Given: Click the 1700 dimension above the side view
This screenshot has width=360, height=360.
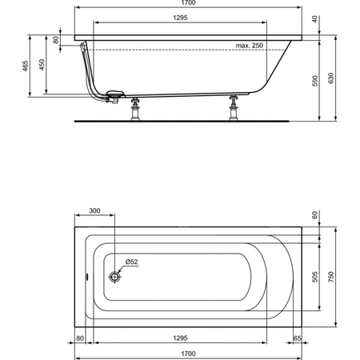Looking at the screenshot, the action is click(x=188, y=3).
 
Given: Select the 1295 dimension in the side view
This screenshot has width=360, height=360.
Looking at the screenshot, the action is click(x=180, y=18).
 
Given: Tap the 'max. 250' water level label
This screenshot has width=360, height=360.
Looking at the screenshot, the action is click(x=250, y=46).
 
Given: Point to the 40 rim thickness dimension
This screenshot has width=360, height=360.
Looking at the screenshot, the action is click(x=315, y=19).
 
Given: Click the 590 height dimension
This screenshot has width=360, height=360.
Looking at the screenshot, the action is click(x=315, y=81).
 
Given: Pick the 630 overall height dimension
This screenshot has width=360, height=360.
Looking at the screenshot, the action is click(x=331, y=78).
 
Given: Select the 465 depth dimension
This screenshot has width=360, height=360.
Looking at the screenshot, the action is click(x=25, y=66).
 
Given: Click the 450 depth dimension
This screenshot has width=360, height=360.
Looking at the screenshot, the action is click(x=42, y=65).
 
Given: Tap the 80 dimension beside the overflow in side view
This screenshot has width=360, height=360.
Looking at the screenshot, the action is click(x=56, y=40).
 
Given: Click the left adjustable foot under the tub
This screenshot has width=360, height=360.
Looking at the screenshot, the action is click(x=135, y=110).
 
